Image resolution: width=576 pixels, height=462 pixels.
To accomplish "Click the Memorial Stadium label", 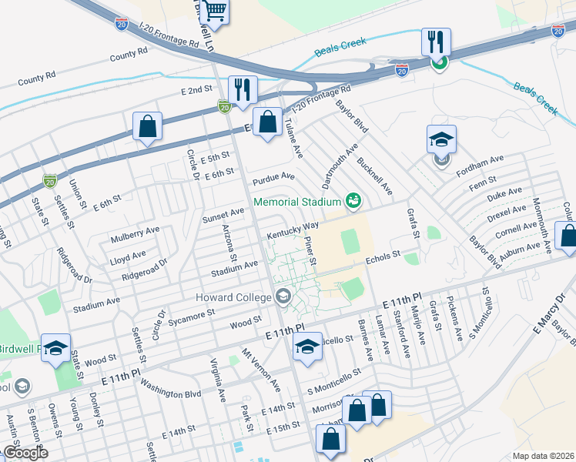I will [298, 202].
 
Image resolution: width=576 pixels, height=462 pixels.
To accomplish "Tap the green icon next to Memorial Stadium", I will [353, 201].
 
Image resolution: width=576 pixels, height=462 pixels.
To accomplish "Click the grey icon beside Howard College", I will [283, 297].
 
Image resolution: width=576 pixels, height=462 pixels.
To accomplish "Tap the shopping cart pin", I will [215, 11].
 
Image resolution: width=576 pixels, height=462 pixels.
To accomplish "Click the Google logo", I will [25, 453].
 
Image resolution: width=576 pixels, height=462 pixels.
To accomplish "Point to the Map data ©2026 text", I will [543, 456].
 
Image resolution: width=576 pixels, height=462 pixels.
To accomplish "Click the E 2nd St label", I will [196, 90].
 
